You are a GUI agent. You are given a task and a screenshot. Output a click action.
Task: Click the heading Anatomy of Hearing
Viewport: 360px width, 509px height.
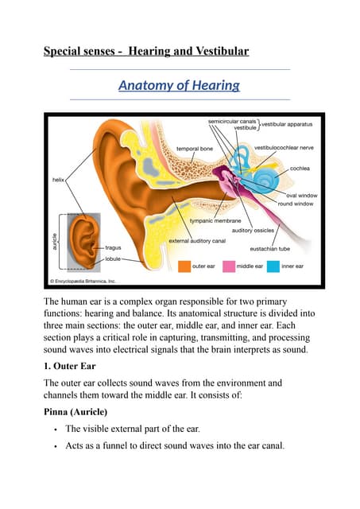coord(179,85)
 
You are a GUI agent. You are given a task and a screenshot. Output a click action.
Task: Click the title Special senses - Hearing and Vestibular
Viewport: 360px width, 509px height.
coord(145,52)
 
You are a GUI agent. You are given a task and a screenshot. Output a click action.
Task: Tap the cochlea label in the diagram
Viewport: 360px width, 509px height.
coord(300,169)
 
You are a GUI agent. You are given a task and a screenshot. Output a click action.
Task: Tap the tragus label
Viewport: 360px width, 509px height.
coord(114,248)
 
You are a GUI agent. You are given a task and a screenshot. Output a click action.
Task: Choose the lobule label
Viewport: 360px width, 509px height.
coord(114,258)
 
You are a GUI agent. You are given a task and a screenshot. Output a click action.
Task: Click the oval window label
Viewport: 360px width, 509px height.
coord(301,195)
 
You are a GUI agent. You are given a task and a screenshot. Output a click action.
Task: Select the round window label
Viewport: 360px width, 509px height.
coord(294,204)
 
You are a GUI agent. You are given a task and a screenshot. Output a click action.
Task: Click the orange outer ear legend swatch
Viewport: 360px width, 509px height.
coord(184,265)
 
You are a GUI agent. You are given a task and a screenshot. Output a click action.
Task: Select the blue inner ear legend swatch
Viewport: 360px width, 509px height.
coord(274,265)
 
